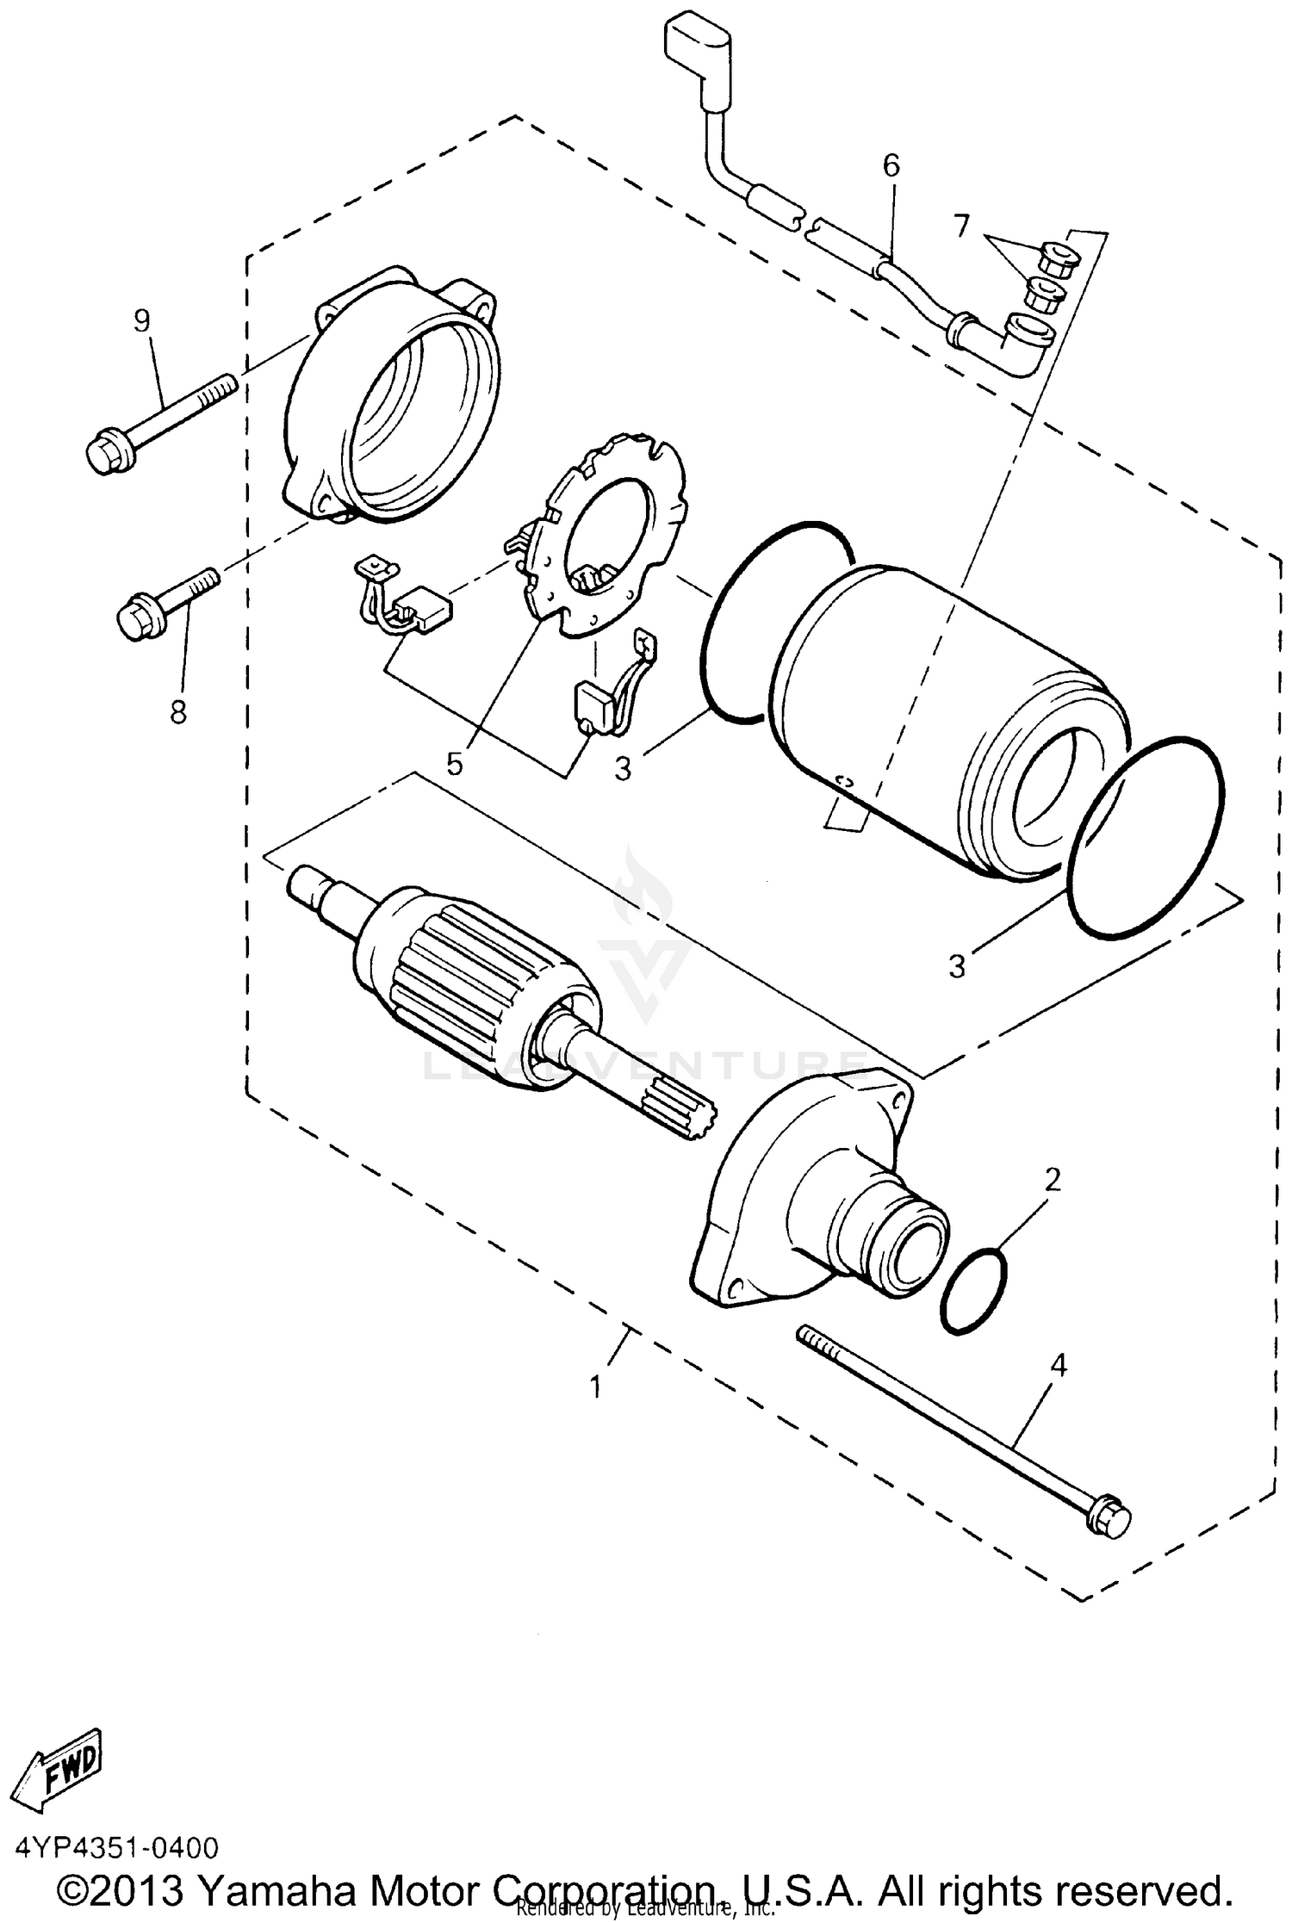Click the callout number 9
[x=142, y=321]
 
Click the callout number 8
[x=177, y=713]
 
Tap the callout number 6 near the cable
[x=891, y=164]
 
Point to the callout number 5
[x=454, y=763]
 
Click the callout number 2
[x=1052, y=1180]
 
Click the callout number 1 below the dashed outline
[x=595, y=1387]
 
